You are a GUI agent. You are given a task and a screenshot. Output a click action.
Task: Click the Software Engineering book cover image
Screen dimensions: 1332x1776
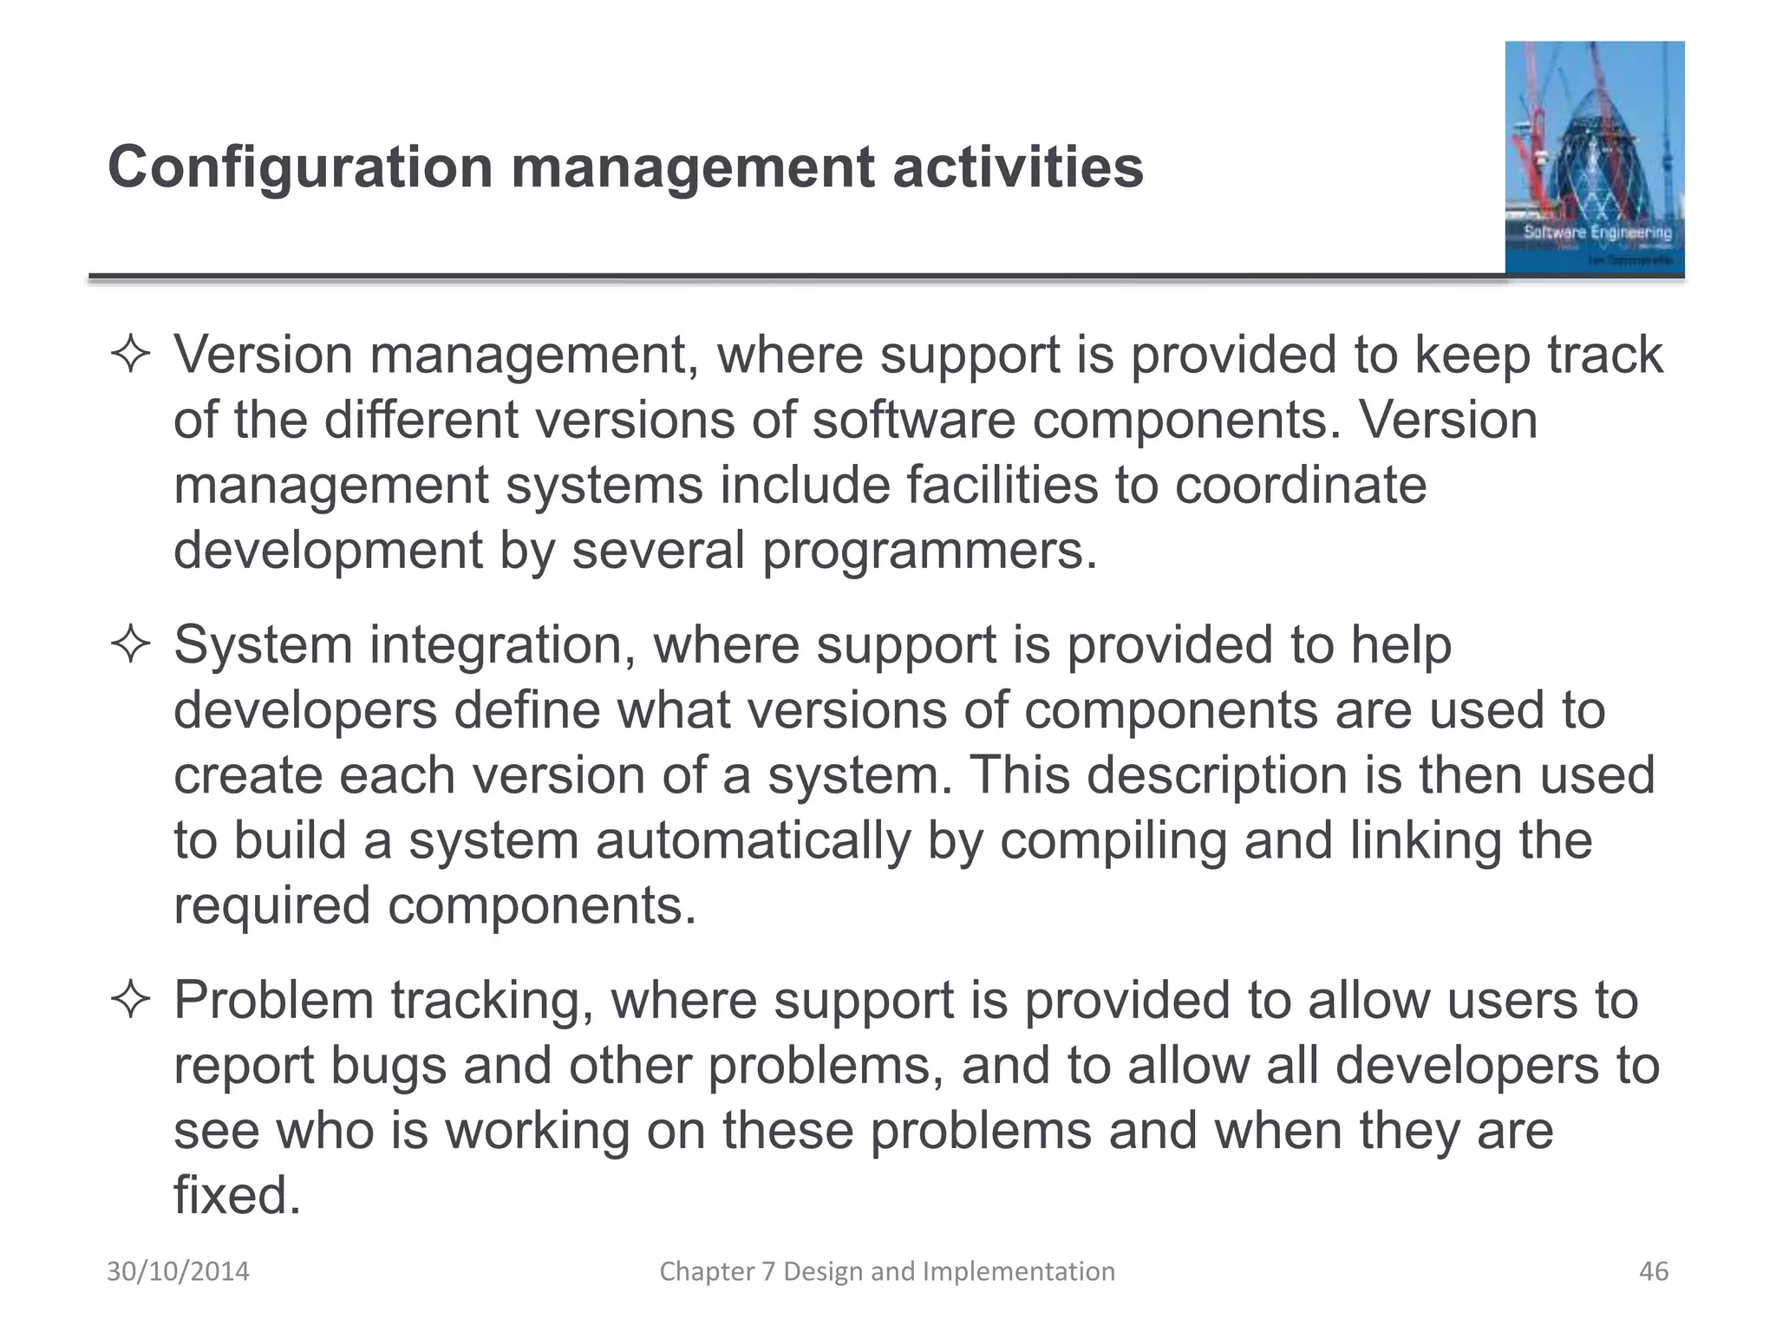[1594, 158]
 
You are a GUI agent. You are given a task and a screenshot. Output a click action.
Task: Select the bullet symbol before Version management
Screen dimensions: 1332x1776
[131, 356]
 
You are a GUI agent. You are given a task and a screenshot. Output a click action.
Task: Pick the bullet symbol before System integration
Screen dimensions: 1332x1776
[131, 647]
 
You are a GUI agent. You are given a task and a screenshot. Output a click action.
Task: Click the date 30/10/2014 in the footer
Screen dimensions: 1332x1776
[178, 1271]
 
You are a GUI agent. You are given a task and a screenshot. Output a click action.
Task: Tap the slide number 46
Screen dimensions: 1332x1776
[1654, 1271]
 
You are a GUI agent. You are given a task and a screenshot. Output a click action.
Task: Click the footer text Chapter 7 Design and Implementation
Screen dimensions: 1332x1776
[887, 1271]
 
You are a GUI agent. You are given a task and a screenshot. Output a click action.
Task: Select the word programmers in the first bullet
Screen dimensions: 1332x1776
[929, 551]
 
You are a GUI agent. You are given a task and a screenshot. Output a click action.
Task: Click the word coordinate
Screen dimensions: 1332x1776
[1300, 486]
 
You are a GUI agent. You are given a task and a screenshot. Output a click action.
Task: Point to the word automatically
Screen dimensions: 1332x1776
[745, 841]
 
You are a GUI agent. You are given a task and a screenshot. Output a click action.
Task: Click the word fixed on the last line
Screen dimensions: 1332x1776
[237, 1196]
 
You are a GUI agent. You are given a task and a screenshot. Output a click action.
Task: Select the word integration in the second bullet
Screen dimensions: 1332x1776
[503, 647]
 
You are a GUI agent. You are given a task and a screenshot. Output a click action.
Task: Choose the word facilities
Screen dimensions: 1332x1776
[1002, 486]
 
